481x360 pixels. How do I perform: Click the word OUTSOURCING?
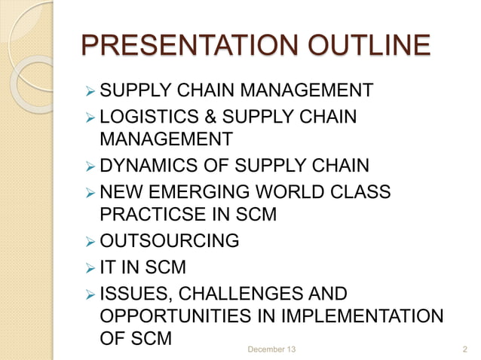click(x=170, y=241)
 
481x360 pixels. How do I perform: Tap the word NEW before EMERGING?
click(x=120, y=191)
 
